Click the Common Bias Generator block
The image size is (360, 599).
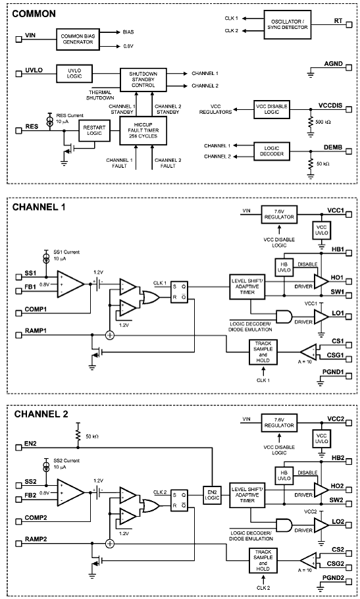(x=78, y=39)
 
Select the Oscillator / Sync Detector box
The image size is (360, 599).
(x=288, y=24)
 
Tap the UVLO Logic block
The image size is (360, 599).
(x=74, y=73)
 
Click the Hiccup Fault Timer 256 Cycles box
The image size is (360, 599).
(x=143, y=130)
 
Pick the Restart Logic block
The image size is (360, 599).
(x=94, y=130)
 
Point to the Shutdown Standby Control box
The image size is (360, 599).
(x=143, y=80)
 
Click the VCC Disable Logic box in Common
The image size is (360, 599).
(x=272, y=109)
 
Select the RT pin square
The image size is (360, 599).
(x=349, y=24)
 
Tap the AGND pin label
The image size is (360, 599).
(x=333, y=64)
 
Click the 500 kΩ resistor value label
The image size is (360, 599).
(x=322, y=122)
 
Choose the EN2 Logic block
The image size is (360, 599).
(x=212, y=495)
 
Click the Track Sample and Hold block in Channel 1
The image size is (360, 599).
(x=263, y=352)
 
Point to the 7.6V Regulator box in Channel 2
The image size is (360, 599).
(x=279, y=422)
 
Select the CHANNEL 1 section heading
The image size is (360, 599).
(x=39, y=207)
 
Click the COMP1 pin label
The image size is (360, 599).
(x=36, y=309)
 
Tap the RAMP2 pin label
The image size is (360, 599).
(x=36, y=539)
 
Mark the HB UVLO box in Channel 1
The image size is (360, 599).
(x=284, y=267)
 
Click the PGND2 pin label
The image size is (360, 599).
(x=333, y=578)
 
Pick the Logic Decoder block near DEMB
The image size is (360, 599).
(x=272, y=151)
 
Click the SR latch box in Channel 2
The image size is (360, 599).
(x=179, y=500)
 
